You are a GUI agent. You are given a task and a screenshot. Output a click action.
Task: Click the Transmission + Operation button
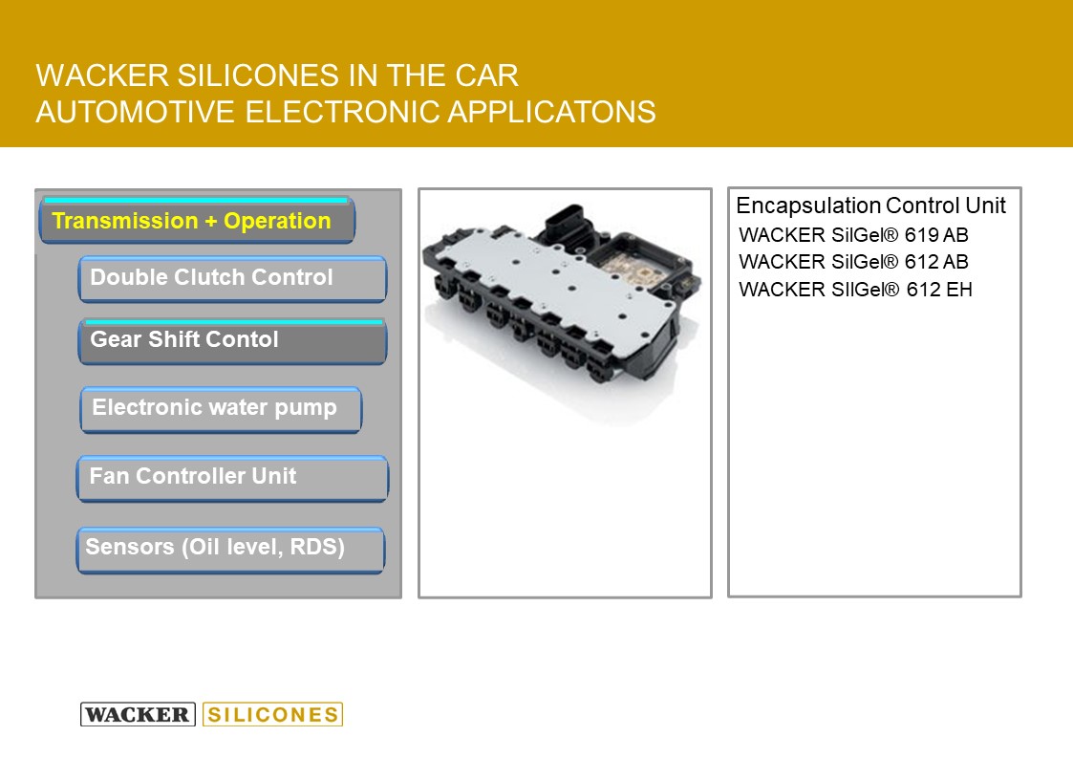197,221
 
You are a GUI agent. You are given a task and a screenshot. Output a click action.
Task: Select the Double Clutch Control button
233,279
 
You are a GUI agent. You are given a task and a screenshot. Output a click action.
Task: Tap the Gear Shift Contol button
233,341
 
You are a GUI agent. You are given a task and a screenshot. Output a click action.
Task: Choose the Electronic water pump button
221,409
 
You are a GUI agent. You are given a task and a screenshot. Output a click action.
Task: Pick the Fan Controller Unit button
232,478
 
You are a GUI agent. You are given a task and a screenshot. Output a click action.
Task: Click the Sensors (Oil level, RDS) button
230,550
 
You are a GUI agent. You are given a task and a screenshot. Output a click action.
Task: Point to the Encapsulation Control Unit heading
870,206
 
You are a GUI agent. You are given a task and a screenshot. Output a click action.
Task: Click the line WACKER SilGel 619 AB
853,235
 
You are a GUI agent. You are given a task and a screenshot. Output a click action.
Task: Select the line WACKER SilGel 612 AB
853,262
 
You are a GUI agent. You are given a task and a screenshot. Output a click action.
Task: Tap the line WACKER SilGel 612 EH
855,289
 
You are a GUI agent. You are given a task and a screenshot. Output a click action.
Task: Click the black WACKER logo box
138,714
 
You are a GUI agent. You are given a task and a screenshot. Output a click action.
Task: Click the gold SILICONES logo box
272,714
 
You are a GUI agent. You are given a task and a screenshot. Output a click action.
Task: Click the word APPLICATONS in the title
551,112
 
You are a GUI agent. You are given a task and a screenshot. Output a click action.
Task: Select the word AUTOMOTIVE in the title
135,112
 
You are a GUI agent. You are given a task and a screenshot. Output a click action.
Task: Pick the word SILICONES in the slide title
258,76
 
